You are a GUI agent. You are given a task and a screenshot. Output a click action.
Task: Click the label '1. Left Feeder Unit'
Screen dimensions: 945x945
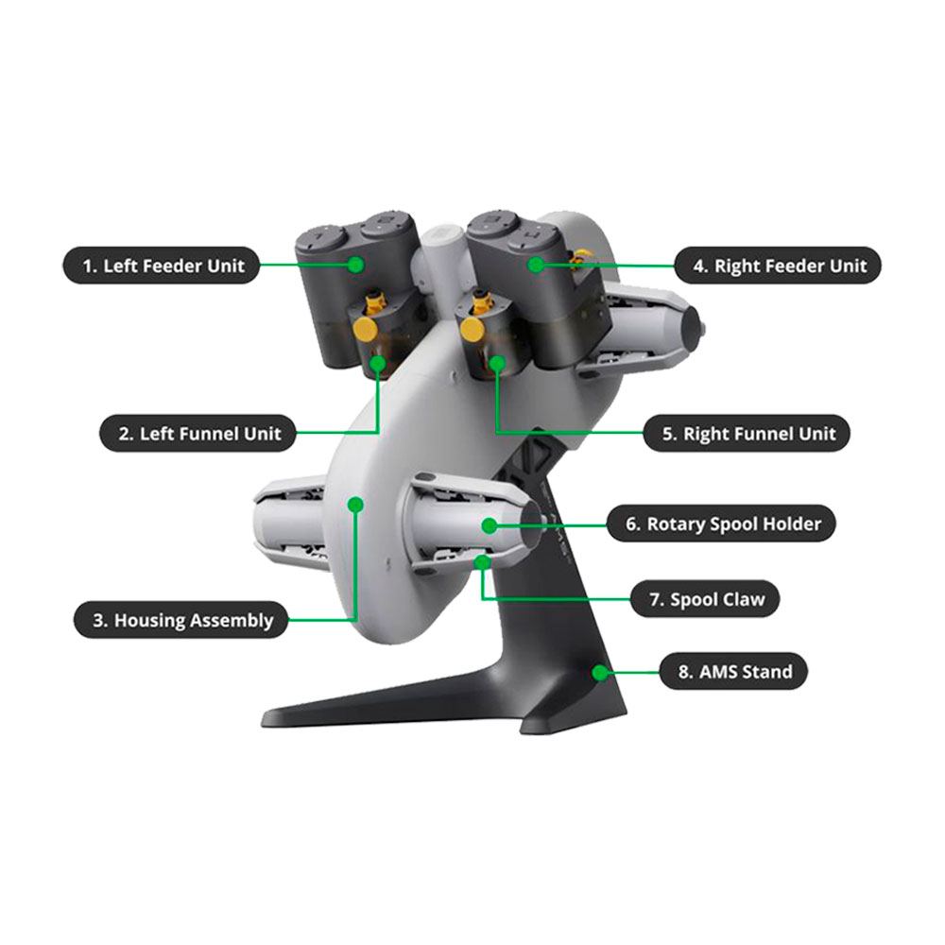pos(162,266)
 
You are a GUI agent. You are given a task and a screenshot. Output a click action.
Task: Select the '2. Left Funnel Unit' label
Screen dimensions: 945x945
pos(198,433)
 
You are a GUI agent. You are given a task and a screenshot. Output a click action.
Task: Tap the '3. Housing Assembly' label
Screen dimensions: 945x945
pos(180,620)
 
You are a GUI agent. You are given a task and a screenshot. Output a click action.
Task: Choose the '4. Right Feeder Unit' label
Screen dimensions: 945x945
pos(778,266)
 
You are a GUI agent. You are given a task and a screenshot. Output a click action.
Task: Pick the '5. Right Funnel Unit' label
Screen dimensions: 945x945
pos(747,433)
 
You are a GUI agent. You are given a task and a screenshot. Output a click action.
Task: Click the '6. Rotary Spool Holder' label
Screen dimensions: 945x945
pos(721,524)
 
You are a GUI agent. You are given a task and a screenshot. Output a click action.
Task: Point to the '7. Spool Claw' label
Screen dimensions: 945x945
pos(705,598)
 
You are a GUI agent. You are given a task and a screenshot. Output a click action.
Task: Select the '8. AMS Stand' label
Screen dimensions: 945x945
pos(733,671)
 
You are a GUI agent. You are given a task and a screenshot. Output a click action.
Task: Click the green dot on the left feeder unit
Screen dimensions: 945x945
pos(356,264)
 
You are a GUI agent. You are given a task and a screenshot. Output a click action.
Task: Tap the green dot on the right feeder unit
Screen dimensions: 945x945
pos(536,264)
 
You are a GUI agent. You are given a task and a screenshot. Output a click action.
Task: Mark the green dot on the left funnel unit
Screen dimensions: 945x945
pos(378,363)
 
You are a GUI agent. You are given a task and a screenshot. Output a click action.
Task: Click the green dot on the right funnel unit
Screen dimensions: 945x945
pos(497,363)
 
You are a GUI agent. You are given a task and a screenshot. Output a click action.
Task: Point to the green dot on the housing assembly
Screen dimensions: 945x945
pos(356,504)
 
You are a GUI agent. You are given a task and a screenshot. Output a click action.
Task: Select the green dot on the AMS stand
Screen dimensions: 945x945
pos(600,672)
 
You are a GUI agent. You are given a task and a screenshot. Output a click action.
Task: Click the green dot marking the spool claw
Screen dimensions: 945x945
pos(482,562)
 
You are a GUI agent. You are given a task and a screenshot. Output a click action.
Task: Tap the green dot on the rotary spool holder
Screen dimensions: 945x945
pos(490,525)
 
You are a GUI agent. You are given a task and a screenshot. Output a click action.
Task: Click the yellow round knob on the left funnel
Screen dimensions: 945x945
pos(365,330)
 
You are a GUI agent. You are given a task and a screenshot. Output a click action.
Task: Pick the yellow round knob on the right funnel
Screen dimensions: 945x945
pos(472,330)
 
